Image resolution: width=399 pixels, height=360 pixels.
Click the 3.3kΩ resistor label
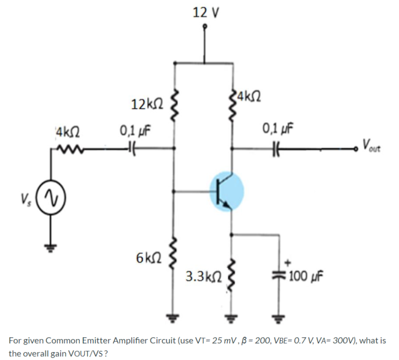[203, 277]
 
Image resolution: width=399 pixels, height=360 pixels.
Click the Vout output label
[375, 146]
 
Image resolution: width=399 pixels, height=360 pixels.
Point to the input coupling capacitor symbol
[130, 148]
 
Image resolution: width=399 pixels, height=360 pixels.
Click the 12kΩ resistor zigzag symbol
[176, 104]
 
